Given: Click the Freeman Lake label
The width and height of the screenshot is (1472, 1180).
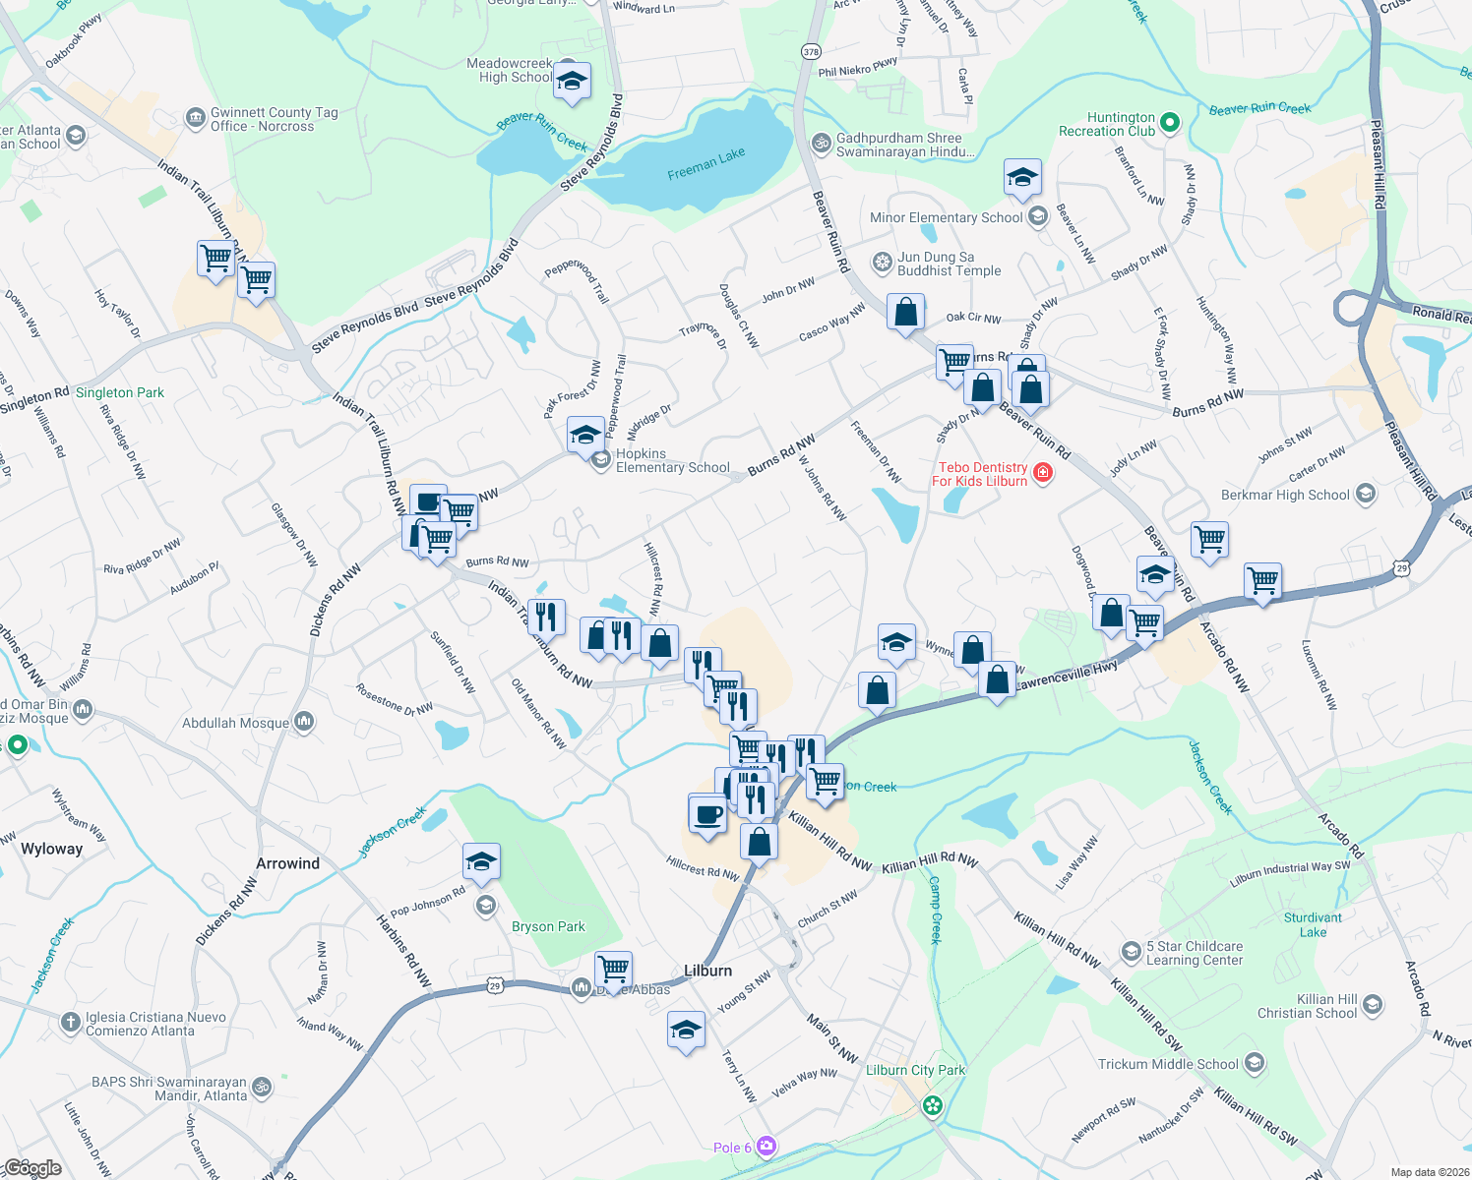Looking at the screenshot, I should pos(705,163).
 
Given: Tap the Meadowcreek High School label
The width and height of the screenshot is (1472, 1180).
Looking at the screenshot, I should pos(510,71).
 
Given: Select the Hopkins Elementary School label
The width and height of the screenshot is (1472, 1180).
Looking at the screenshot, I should pos(672,461).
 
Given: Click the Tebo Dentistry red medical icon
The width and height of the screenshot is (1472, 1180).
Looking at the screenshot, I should pos(1043,474).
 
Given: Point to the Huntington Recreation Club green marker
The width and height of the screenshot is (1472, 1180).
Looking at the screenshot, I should pos(1170,123).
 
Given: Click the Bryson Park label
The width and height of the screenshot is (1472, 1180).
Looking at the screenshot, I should pos(548,926).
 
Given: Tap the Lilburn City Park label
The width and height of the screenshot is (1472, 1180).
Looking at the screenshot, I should pos(915,1070).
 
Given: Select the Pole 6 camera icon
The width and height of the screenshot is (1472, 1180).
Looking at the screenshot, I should pos(767,1147).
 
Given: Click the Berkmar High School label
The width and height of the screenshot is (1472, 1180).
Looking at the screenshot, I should pos(1285,495).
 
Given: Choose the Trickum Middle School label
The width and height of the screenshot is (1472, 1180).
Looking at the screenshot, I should pos(1168,1064).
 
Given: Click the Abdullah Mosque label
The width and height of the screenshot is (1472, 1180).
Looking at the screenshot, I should pos(236,723).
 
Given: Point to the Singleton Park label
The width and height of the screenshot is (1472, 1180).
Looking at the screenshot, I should pos(120,392).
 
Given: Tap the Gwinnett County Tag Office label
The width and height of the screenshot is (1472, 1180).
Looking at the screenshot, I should pos(274,119).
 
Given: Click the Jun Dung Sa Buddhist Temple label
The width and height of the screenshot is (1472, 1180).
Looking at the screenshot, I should pos(949,264).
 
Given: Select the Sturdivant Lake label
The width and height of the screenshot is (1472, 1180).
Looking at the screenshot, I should pos(1313,924).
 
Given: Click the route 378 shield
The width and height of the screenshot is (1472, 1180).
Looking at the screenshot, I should pos(811,51).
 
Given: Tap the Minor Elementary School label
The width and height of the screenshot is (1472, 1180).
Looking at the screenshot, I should pos(946,217).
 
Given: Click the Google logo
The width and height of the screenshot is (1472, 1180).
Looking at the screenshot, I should pos(32,1167).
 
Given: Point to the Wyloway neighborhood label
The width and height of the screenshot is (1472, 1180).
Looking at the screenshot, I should pos(51,849).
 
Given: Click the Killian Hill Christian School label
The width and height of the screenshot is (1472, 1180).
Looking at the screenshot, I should pos(1307,1006).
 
